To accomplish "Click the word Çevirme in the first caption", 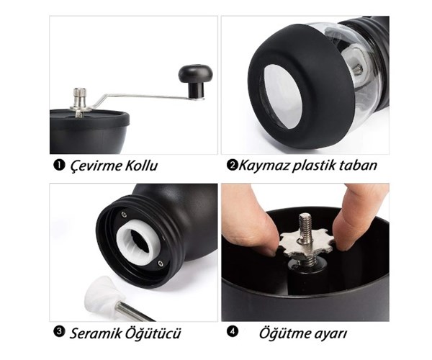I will pyautogui.click(x=95, y=166).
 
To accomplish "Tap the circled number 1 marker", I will pyautogui.click(x=58, y=166).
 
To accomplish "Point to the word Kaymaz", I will pyautogui.click(x=263, y=166).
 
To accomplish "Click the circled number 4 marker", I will pyautogui.click(x=232, y=333).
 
